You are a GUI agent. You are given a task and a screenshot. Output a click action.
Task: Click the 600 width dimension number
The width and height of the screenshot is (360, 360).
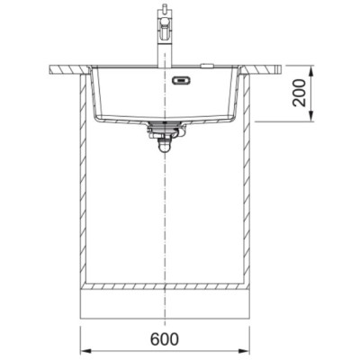click(165, 339)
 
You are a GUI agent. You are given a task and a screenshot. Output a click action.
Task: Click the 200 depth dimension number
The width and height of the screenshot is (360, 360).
click(300, 93)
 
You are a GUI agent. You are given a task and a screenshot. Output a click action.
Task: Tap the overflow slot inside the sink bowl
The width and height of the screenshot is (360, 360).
click(181, 80)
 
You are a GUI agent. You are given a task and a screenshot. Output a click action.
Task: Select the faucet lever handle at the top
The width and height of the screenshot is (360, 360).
click(166, 29)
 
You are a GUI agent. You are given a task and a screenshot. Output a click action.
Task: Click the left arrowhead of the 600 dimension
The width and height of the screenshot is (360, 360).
click(85, 351)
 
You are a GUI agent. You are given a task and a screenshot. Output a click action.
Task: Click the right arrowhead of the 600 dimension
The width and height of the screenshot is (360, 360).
click(244, 351)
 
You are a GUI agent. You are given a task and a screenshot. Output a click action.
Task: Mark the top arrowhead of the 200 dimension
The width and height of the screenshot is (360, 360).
click(311, 71)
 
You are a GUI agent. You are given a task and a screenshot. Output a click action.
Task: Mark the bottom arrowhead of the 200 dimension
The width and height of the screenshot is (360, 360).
click(311, 116)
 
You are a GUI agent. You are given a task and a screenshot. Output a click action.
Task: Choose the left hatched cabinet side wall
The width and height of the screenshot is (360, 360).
click(83, 179)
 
